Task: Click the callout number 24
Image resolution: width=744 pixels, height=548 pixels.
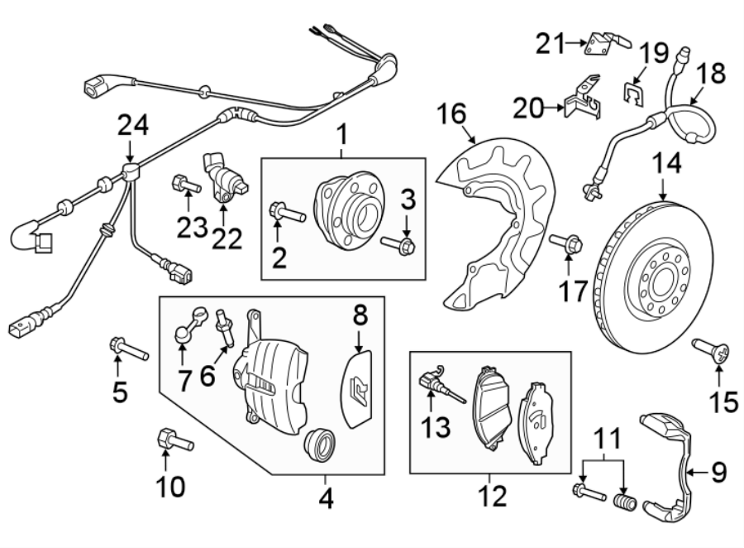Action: pos(133,126)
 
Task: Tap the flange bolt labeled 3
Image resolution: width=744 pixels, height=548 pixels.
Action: pos(402,245)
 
